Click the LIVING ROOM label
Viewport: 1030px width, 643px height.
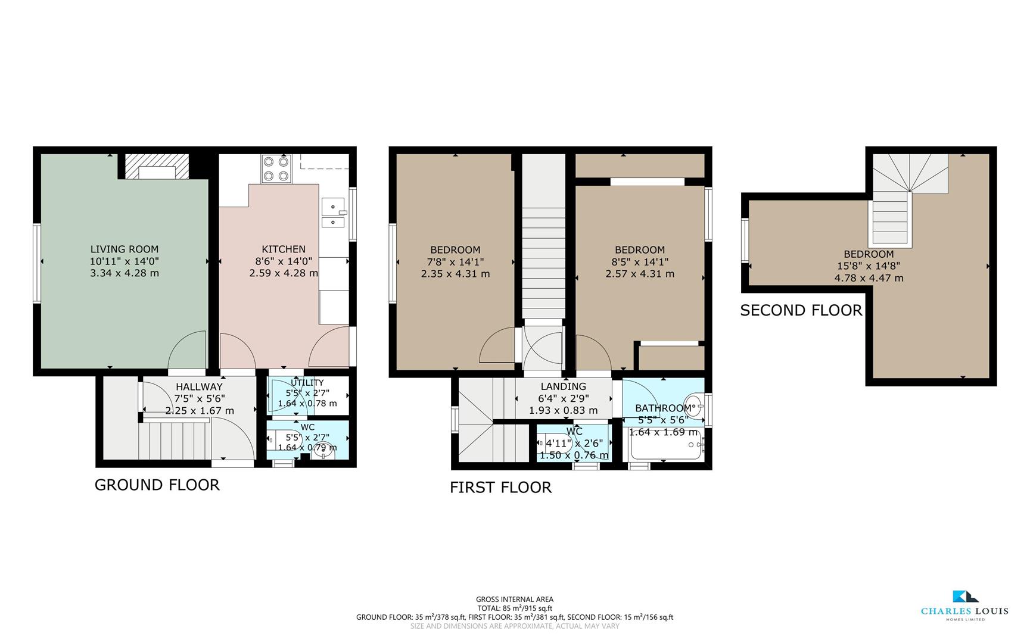(124, 249)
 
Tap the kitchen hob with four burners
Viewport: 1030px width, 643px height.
(275, 168)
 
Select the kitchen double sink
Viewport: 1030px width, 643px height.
(332, 213)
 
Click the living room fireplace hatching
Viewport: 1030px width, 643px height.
(157, 166)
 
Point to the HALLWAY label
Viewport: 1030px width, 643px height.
(198, 387)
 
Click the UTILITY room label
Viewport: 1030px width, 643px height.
(307, 383)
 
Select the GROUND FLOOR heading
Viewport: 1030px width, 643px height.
(157, 485)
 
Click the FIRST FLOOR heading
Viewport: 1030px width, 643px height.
(500, 487)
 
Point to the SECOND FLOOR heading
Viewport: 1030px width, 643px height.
(801, 310)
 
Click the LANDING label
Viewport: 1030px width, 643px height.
(563, 386)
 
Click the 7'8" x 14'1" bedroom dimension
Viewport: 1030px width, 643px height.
(455, 262)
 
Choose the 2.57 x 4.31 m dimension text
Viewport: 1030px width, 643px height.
(640, 274)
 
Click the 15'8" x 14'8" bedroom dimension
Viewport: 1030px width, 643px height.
(869, 266)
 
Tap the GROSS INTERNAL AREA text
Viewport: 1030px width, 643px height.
(514, 600)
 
